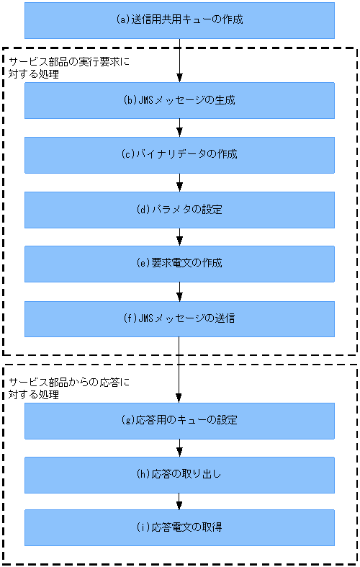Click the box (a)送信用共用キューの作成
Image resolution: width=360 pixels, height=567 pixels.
pos(179,20)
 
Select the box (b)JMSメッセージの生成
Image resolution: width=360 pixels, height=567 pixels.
pos(179,100)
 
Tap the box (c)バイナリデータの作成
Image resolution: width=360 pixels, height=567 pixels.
pos(179,155)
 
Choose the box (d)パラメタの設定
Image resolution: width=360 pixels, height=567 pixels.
pos(179,210)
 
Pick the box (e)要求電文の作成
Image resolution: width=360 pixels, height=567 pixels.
pos(179,264)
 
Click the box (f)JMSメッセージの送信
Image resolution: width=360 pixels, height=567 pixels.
pos(179,318)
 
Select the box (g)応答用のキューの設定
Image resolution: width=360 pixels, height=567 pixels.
pos(179,420)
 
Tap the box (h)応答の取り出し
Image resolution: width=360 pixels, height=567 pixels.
pos(179,474)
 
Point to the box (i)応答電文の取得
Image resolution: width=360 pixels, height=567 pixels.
pos(179,527)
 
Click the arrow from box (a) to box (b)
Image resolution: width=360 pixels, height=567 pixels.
pos(179,61)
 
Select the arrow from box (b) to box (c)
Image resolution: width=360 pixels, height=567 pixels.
pos(179,128)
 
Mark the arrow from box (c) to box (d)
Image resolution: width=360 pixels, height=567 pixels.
pos(179,182)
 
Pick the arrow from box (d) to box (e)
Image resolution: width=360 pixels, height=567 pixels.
pos(179,237)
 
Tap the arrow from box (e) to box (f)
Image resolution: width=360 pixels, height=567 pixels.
pos(179,291)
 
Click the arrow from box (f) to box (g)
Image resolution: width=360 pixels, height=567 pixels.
pos(179,370)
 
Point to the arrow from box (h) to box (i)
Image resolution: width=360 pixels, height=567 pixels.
pos(179,501)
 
